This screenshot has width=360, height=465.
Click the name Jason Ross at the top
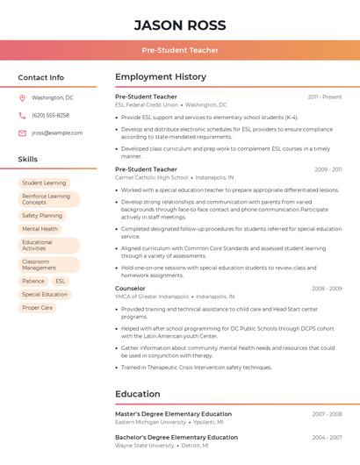pos(180,25)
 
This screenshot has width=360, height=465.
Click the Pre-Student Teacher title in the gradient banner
pos(180,50)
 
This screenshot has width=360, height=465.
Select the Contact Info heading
pos(41,77)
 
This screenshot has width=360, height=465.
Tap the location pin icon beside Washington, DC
pos(22,98)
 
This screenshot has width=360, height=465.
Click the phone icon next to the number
pos(22,116)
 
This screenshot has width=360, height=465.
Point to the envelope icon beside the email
pos(22,133)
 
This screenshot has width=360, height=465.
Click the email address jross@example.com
pos(57,133)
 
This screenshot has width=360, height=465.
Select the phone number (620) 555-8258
pos(50,116)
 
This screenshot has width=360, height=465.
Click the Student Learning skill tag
pos(44,183)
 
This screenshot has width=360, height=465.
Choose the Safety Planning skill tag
pos(42,216)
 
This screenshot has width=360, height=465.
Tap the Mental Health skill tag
pos(40,229)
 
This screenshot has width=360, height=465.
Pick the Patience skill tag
pos(33,282)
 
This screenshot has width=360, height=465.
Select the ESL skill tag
pos(61,282)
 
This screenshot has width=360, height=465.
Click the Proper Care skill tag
pos(38,308)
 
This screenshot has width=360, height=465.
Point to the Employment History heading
pos(161,77)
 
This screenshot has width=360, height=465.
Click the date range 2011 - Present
pos(325,97)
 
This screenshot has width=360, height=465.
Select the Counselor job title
pos(130,289)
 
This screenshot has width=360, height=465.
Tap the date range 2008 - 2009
pos(327,289)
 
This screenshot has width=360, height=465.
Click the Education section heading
pos(137,395)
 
